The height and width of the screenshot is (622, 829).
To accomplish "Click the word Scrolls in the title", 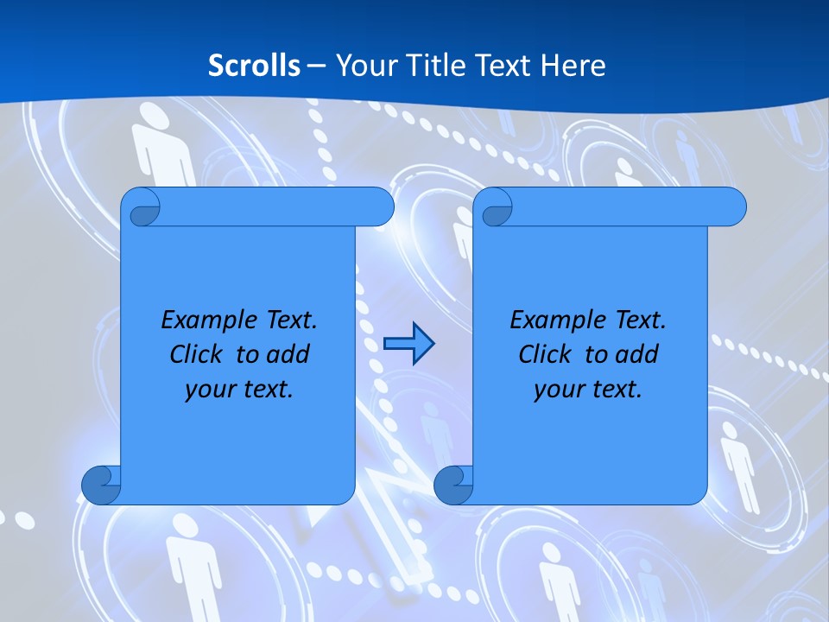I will pos(255,66).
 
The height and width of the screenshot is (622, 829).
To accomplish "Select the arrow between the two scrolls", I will pos(408,344).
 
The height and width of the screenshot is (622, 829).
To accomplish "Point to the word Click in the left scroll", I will pos(200,354).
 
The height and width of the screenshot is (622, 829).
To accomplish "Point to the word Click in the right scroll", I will pos(549,354).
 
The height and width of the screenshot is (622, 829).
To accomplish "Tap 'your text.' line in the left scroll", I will pos(239,389).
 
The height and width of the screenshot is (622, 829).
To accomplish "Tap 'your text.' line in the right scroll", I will pos(588,389).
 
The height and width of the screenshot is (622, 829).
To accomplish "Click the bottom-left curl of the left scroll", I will pos(101,485).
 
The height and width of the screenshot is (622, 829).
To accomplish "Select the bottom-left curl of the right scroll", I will pos(453,485).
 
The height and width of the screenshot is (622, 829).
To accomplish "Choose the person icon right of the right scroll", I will pos(739,462).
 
